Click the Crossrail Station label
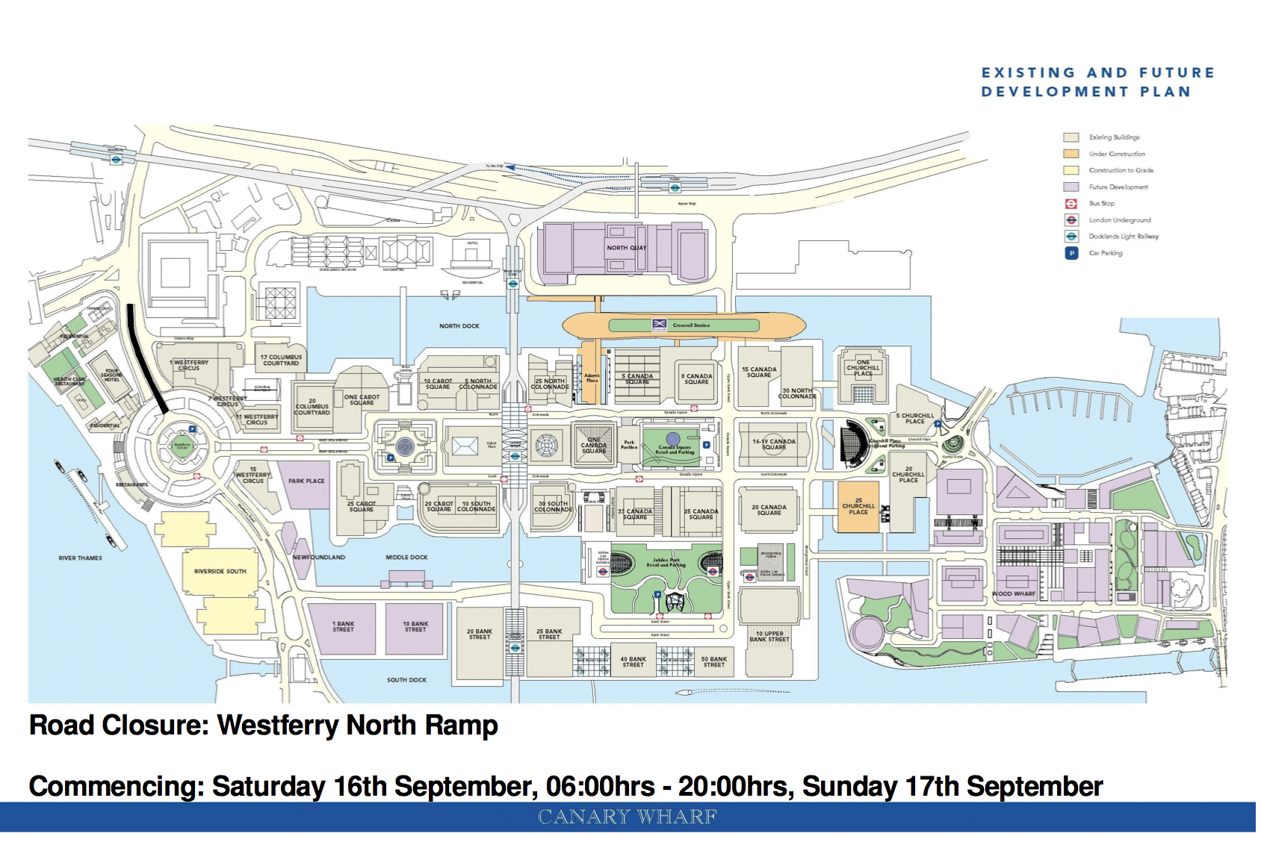point(691,325)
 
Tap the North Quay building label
point(627,248)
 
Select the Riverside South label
point(220,572)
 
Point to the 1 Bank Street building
point(344,627)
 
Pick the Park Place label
point(306,481)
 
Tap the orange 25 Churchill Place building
point(858,507)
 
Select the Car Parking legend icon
point(1071,253)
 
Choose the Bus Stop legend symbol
point(1071,204)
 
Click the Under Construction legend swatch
point(1071,154)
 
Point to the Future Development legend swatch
point(1071,187)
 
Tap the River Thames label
point(81,558)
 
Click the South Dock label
point(406,680)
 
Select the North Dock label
point(459,326)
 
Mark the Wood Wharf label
point(1014,594)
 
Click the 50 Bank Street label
point(714,662)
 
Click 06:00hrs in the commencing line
point(601,787)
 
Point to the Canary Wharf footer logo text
point(628,817)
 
